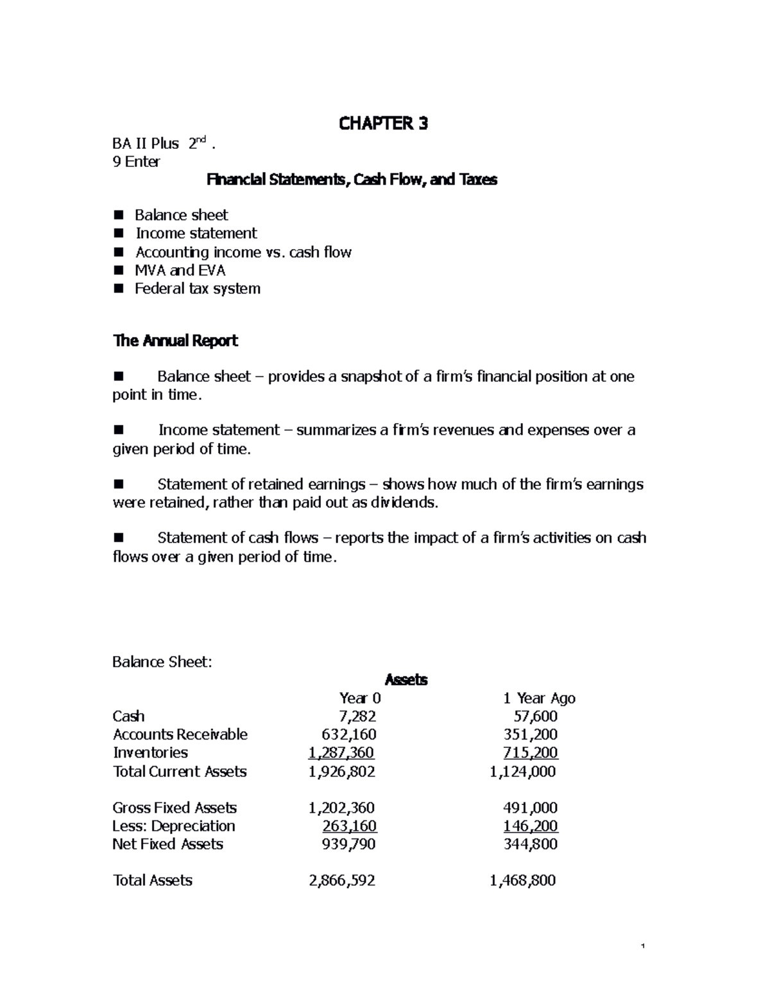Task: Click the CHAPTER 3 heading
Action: (x=383, y=123)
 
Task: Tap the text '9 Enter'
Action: (x=136, y=162)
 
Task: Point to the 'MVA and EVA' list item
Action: (x=180, y=270)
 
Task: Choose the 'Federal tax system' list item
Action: (x=197, y=289)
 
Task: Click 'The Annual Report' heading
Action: (x=175, y=341)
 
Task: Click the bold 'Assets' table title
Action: (x=405, y=680)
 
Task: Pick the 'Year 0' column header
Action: (x=359, y=698)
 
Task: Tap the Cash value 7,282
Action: (x=357, y=716)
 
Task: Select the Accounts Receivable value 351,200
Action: (x=530, y=734)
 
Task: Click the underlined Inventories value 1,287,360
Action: (x=341, y=752)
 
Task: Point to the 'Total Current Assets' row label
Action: (x=180, y=772)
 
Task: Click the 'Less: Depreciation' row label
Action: (x=173, y=826)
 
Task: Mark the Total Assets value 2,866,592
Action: (x=342, y=881)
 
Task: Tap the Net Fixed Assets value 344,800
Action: (x=530, y=844)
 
